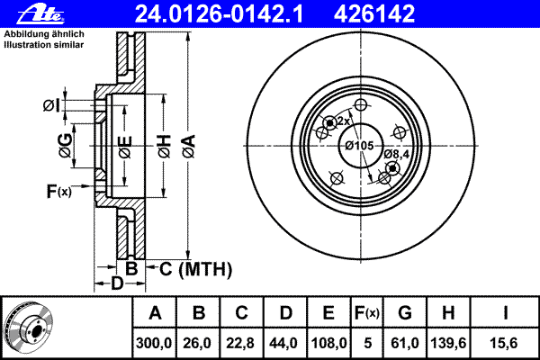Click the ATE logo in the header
(x=40, y=14)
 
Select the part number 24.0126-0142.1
(x=219, y=14)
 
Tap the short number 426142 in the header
(x=374, y=14)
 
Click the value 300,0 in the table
(x=154, y=343)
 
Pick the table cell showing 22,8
(x=240, y=343)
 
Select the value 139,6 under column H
(x=448, y=343)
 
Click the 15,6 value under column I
(x=504, y=343)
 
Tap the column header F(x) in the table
(x=367, y=313)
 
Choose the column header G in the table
(x=405, y=313)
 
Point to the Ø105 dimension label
(x=359, y=146)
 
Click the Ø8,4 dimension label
(x=396, y=154)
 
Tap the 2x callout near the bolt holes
(x=344, y=121)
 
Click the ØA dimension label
(x=189, y=147)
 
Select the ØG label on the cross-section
(x=66, y=146)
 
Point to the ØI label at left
(x=51, y=105)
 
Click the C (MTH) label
(x=195, y=269)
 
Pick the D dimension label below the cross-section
(x=117, y=283)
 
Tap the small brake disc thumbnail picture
(x=28, y=327)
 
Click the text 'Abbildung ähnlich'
(x=44, y=34)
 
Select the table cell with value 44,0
(x=283, y=343)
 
